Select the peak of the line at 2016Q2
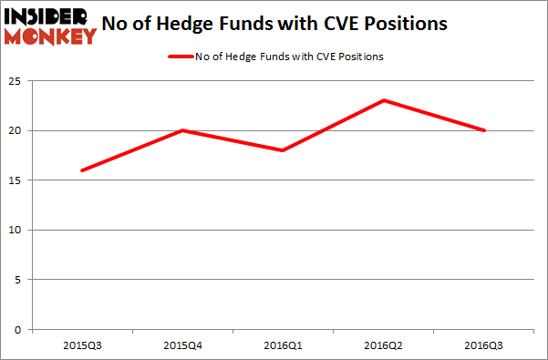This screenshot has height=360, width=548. point(385,100)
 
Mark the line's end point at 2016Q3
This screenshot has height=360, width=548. point(484,130)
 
